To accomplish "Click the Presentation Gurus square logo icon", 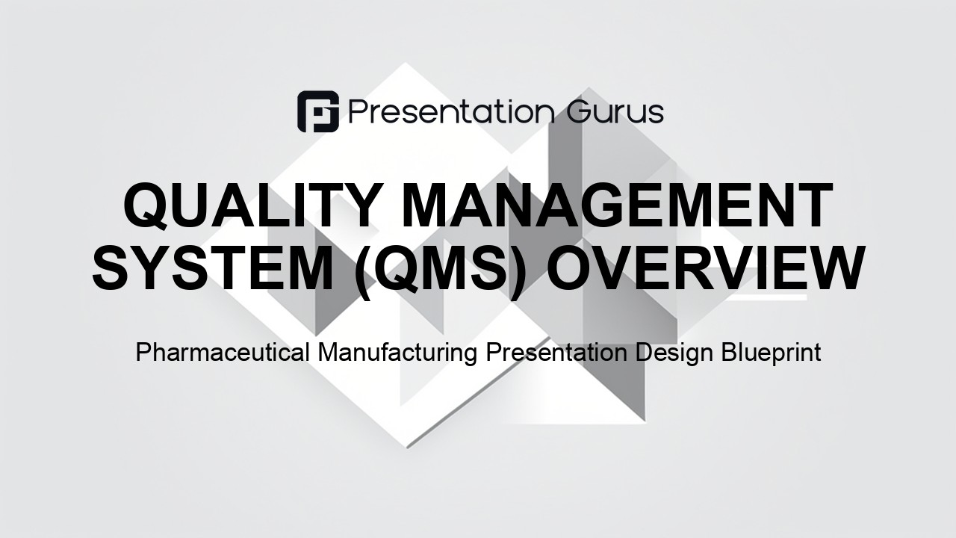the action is (318, 111).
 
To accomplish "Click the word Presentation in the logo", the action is (452, 112).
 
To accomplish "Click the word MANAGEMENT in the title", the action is (617, 205).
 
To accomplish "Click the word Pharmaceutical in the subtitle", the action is (223, 353).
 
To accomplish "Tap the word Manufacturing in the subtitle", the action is (397, 353).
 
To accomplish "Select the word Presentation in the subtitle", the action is (556, 353).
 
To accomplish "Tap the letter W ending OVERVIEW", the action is (833, 268).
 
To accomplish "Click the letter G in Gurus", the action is (579, 112).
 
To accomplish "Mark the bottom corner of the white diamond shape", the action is (407, 448).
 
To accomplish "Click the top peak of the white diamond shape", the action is (405, 63).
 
